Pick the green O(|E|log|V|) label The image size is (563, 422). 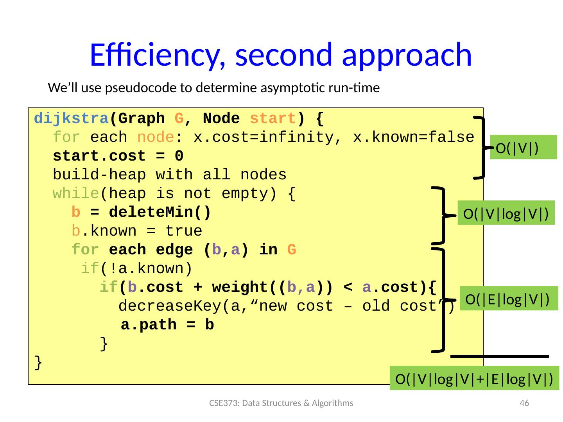(508, 299)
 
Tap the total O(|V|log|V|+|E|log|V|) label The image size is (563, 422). (474, 379)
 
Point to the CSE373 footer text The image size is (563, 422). (281, 403)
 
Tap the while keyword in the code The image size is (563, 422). (76, 193)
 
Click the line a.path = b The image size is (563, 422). (167, 325)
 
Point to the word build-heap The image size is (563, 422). (99, 175)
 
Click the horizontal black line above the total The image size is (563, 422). (500, 356)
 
